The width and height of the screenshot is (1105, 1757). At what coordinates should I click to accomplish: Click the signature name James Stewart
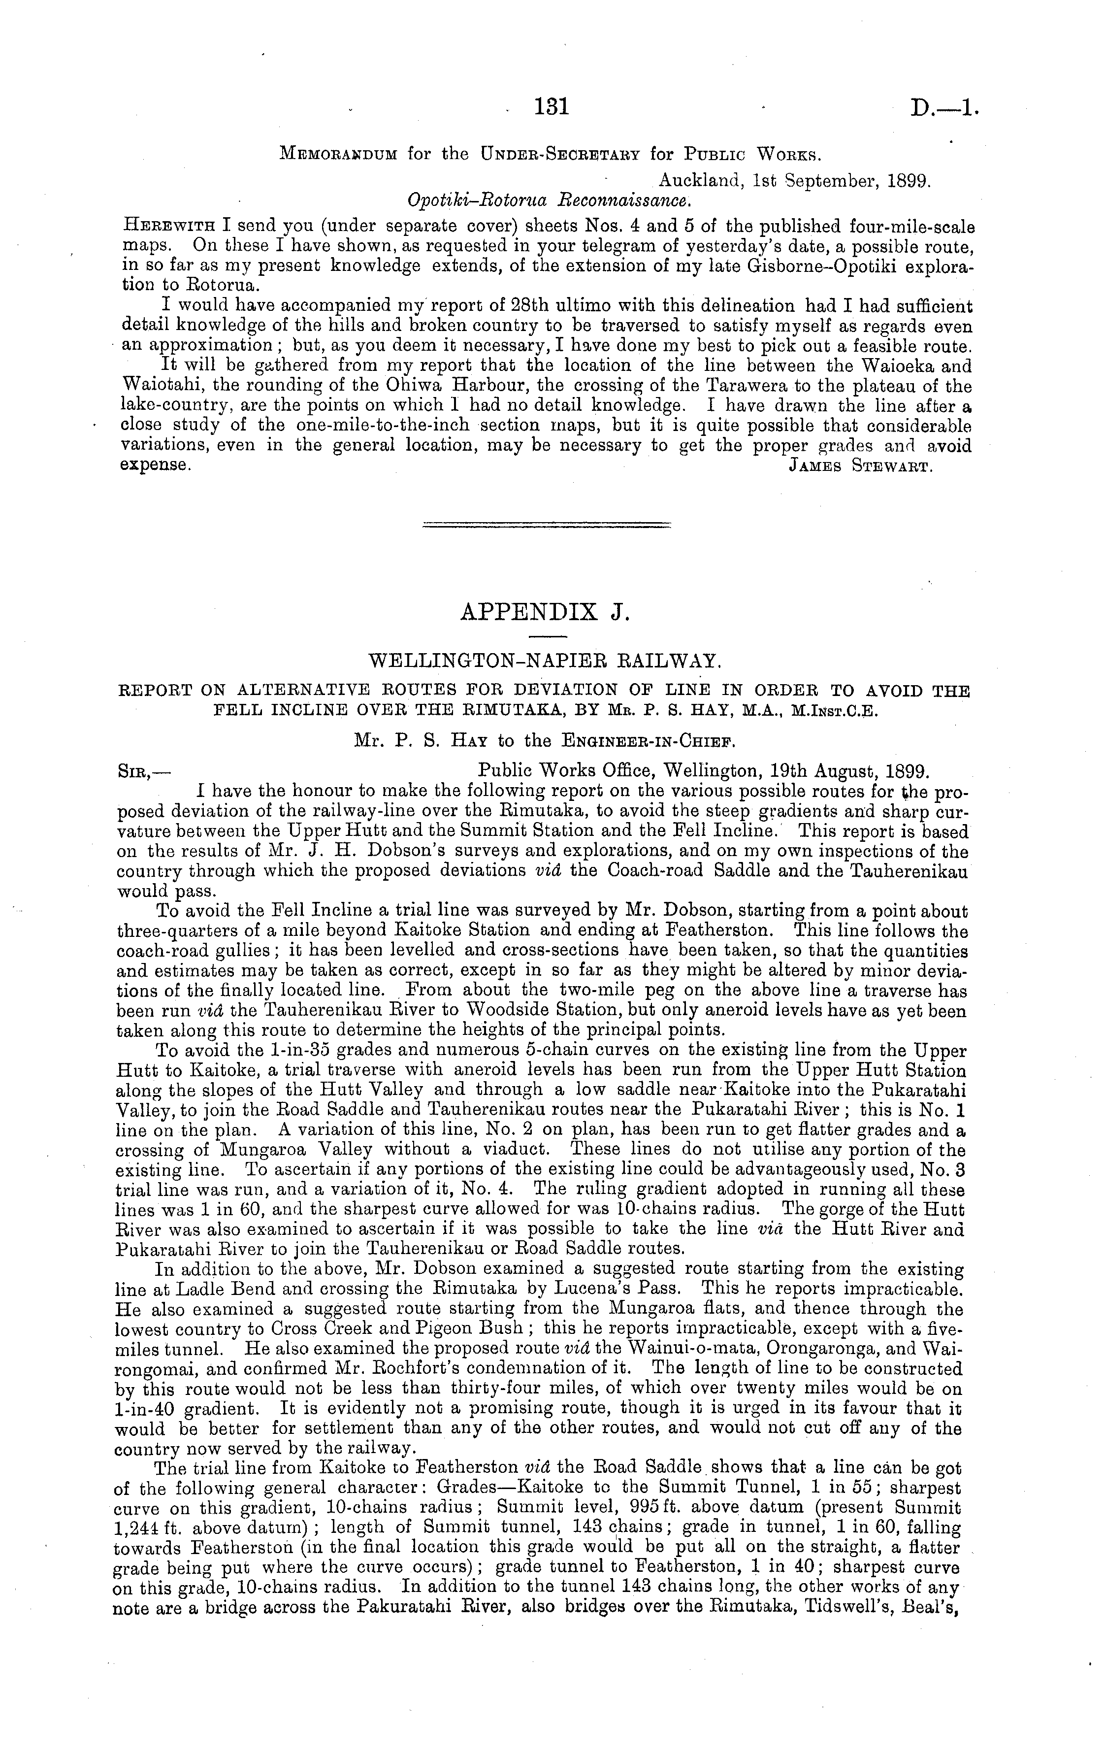coord(861,466)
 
